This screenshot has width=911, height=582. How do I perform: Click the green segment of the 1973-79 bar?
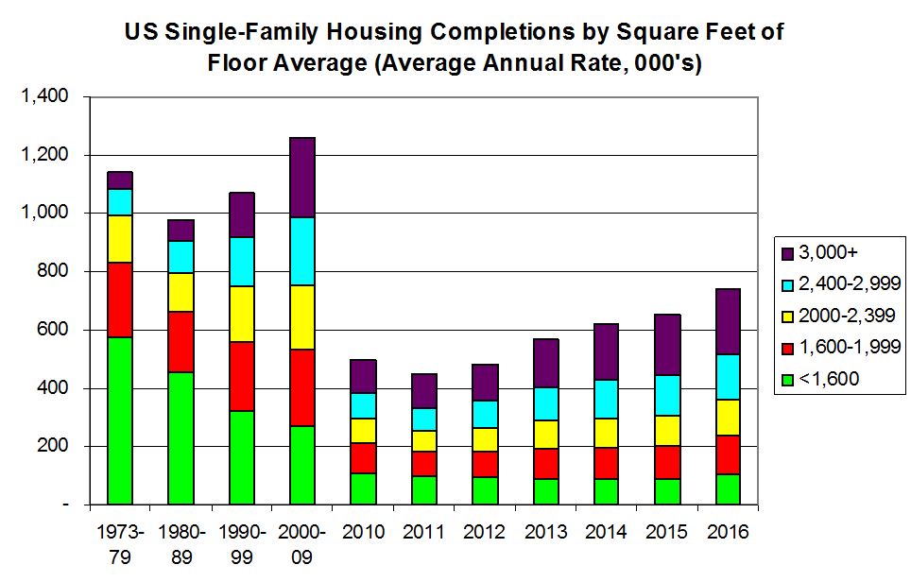coord(119,420)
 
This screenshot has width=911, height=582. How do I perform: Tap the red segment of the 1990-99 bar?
coord(241,376)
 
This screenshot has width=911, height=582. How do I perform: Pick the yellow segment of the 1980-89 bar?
coord(180,292)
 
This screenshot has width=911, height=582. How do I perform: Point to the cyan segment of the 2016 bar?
coord(727,377)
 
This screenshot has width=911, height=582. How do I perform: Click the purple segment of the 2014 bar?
coord(606,351)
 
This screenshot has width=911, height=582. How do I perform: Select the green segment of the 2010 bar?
coord(363,488)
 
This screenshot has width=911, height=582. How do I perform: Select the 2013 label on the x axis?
coord(544,532)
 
